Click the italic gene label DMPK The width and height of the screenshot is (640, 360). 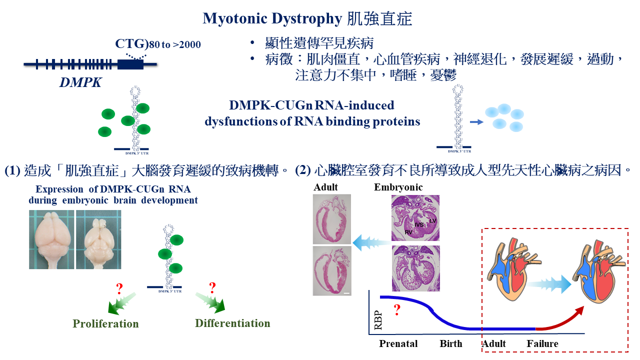(x=80, y=82)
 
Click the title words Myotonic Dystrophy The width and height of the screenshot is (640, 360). (x=272, y=19)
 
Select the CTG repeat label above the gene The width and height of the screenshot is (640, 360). (x=131, y=44)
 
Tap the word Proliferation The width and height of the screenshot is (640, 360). (x=105, y=323)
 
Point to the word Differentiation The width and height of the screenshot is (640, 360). (x=232, y=323)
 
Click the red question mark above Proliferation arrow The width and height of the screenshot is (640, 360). (x=119, y=288)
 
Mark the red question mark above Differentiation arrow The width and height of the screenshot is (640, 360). (x=212, y=287)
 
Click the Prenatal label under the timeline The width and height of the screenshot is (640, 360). (x=398, y=343)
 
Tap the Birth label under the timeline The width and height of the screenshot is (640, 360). (x=451, y=343)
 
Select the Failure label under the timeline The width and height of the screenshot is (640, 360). (x=542, y=343)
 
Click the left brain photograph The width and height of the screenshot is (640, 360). (x=51, y=239)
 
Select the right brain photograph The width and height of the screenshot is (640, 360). (x=98, y=239)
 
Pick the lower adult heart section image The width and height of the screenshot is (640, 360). (x=331, y=270)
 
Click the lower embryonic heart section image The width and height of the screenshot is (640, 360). (x=415, y=268)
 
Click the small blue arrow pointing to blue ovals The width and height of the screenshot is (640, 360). (x=477, y=121)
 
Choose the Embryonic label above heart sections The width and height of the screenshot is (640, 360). (x=398, y=187)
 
